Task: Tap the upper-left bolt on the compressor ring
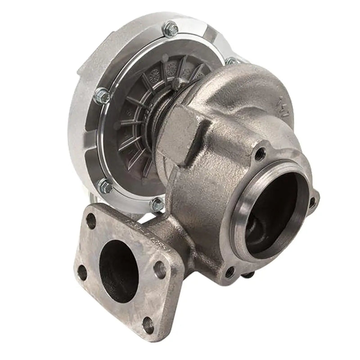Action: point(103,95)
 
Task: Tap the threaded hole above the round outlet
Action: point(260,154)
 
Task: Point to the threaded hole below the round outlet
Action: point(230,271)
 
